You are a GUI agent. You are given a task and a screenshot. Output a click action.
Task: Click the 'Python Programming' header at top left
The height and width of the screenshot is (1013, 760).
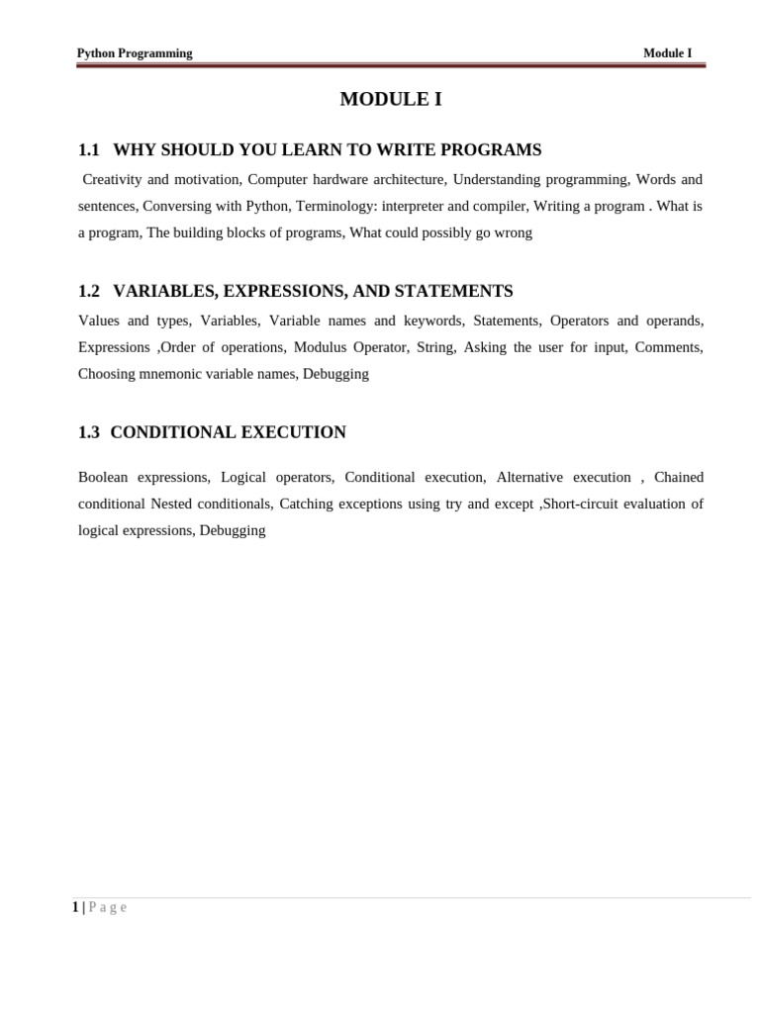coord(135,53)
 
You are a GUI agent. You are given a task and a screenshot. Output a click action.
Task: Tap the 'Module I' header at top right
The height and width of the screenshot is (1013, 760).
coord(667,53)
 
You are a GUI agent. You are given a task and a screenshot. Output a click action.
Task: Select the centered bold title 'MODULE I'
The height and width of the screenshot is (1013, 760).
coord(391,99)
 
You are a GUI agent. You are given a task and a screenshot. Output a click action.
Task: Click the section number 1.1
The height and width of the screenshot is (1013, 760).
coord(89,150)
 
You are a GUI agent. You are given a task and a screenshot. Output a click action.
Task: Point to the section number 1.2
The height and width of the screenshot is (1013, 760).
coord(89,291)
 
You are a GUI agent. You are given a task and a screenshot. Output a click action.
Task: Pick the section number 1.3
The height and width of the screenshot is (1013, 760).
coord(89,432)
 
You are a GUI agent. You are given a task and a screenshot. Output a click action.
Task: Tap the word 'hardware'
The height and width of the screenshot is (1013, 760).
coord(364,180)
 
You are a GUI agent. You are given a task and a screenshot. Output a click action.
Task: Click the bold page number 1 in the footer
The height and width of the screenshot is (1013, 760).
coord(75,907)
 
